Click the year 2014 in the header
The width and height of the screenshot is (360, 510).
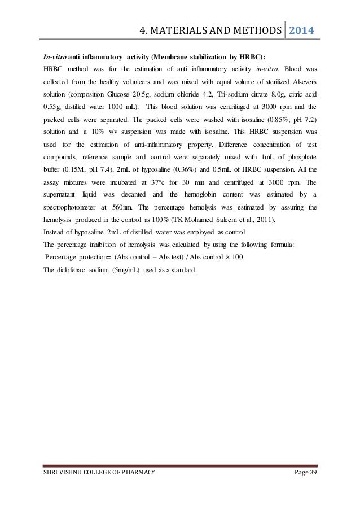302,30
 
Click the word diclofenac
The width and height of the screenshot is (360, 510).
77,269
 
